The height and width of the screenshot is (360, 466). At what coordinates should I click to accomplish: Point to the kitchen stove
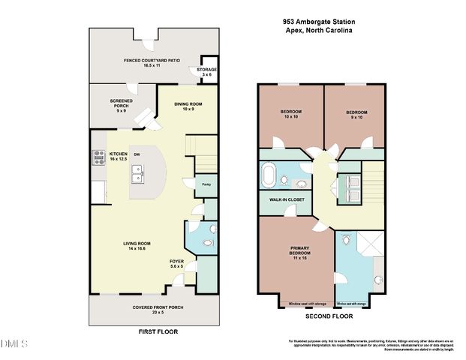(x=98, y=157)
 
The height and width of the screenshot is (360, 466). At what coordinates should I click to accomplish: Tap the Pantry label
(x=206, y=182)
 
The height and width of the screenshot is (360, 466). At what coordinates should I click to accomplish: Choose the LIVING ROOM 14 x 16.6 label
(x=137, y=245)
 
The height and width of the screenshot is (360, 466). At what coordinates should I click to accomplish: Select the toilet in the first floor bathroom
(x=211, y=231)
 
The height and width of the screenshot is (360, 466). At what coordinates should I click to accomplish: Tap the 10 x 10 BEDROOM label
(x=290, y=114)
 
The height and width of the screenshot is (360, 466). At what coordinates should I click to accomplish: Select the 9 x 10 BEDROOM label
(x=356, y=114)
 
